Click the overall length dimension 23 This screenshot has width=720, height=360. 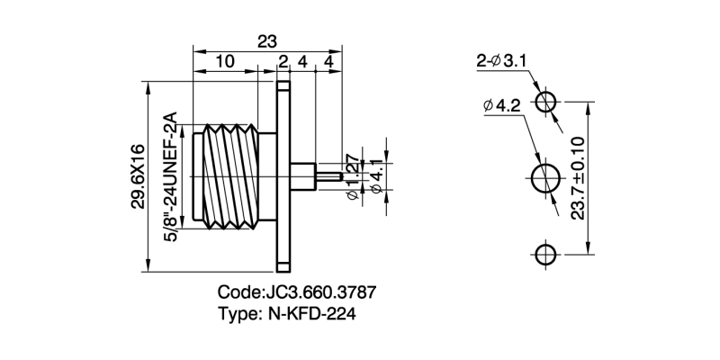[x=266, y=40]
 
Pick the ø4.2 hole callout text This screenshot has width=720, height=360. [x=501, y=106]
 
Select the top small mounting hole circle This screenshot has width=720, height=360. [x=546, y=101]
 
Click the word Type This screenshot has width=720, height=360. [x=237, y=314]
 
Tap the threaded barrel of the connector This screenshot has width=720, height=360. [x=232, y=175]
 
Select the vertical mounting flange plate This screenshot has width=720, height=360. [x=283, y=175]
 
